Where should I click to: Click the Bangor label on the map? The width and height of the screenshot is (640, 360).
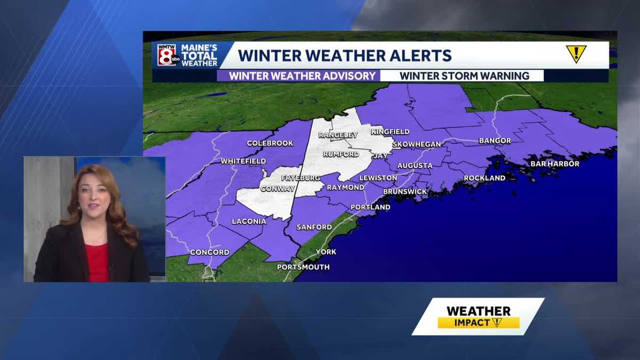point(494,141)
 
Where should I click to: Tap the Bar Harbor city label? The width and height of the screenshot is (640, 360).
point(555,164)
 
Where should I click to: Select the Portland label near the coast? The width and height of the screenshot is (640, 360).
point(370,207)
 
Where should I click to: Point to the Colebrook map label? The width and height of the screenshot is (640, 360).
point(270,143)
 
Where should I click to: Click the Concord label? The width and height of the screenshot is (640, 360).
point(210,252)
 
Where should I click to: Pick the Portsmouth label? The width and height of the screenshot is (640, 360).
point(303,267)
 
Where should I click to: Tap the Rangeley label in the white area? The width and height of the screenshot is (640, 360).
point(338,135)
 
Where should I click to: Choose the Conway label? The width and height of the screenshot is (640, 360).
point(277,188)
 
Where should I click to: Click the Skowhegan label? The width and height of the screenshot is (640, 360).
point(417,145)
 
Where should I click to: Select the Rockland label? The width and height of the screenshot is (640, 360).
point(484,178)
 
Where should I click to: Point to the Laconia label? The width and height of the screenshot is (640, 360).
point(249,221)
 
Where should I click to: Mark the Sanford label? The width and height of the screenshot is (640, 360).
point(314,227)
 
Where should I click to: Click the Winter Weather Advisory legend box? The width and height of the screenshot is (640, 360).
point(302,76)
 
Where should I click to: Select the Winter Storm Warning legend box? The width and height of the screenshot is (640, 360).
point(464,76)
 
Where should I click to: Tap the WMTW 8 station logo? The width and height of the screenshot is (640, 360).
point(167,54)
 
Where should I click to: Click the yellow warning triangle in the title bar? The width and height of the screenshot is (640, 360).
point(576,53)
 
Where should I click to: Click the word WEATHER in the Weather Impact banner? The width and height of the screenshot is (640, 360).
point(478,311)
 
